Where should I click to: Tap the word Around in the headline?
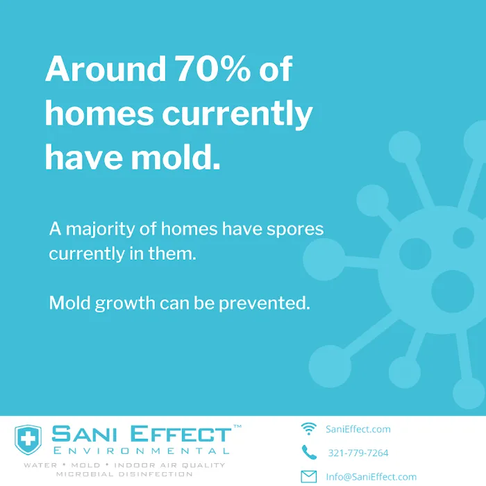(x=103, y=70)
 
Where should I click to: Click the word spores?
(x=294, y=228)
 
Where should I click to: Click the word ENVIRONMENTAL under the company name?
(x=141, y=452)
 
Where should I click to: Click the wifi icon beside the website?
(x=309, y=428)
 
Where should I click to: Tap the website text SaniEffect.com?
(x=358, y=429)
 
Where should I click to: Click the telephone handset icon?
(x=309, y=452)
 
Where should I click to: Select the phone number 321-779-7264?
(x=358, y=453)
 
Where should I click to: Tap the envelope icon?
(x=309, y=476)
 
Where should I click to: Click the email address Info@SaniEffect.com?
(x=371, y=477)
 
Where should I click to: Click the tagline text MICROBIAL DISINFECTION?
(x=124, y=474)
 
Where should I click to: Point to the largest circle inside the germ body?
(x=452, y=287)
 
